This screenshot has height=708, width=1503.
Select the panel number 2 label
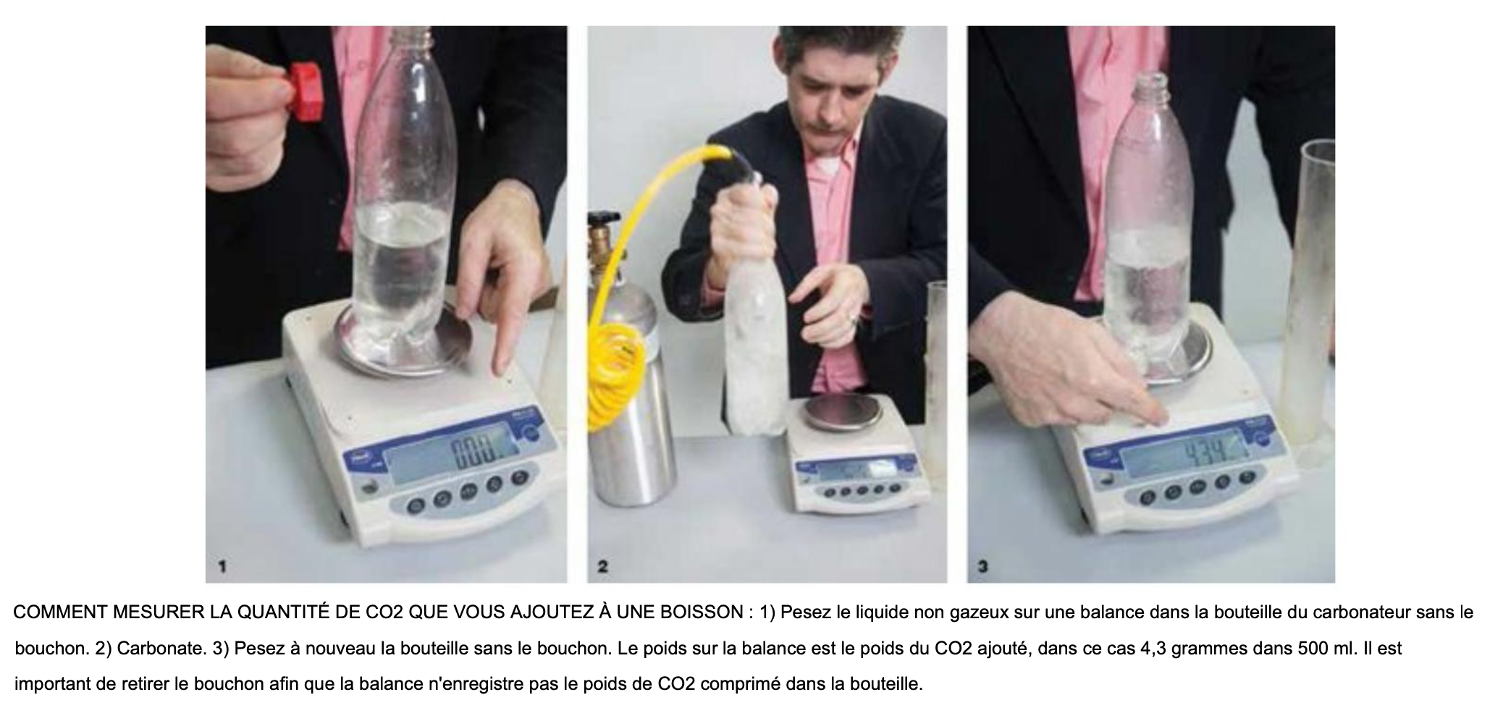pos(602,568)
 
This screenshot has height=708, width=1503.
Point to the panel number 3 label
pos(982,568)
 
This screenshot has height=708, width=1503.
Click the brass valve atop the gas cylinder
pos(600,240)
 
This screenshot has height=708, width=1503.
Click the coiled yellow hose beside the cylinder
pos(615,376)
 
